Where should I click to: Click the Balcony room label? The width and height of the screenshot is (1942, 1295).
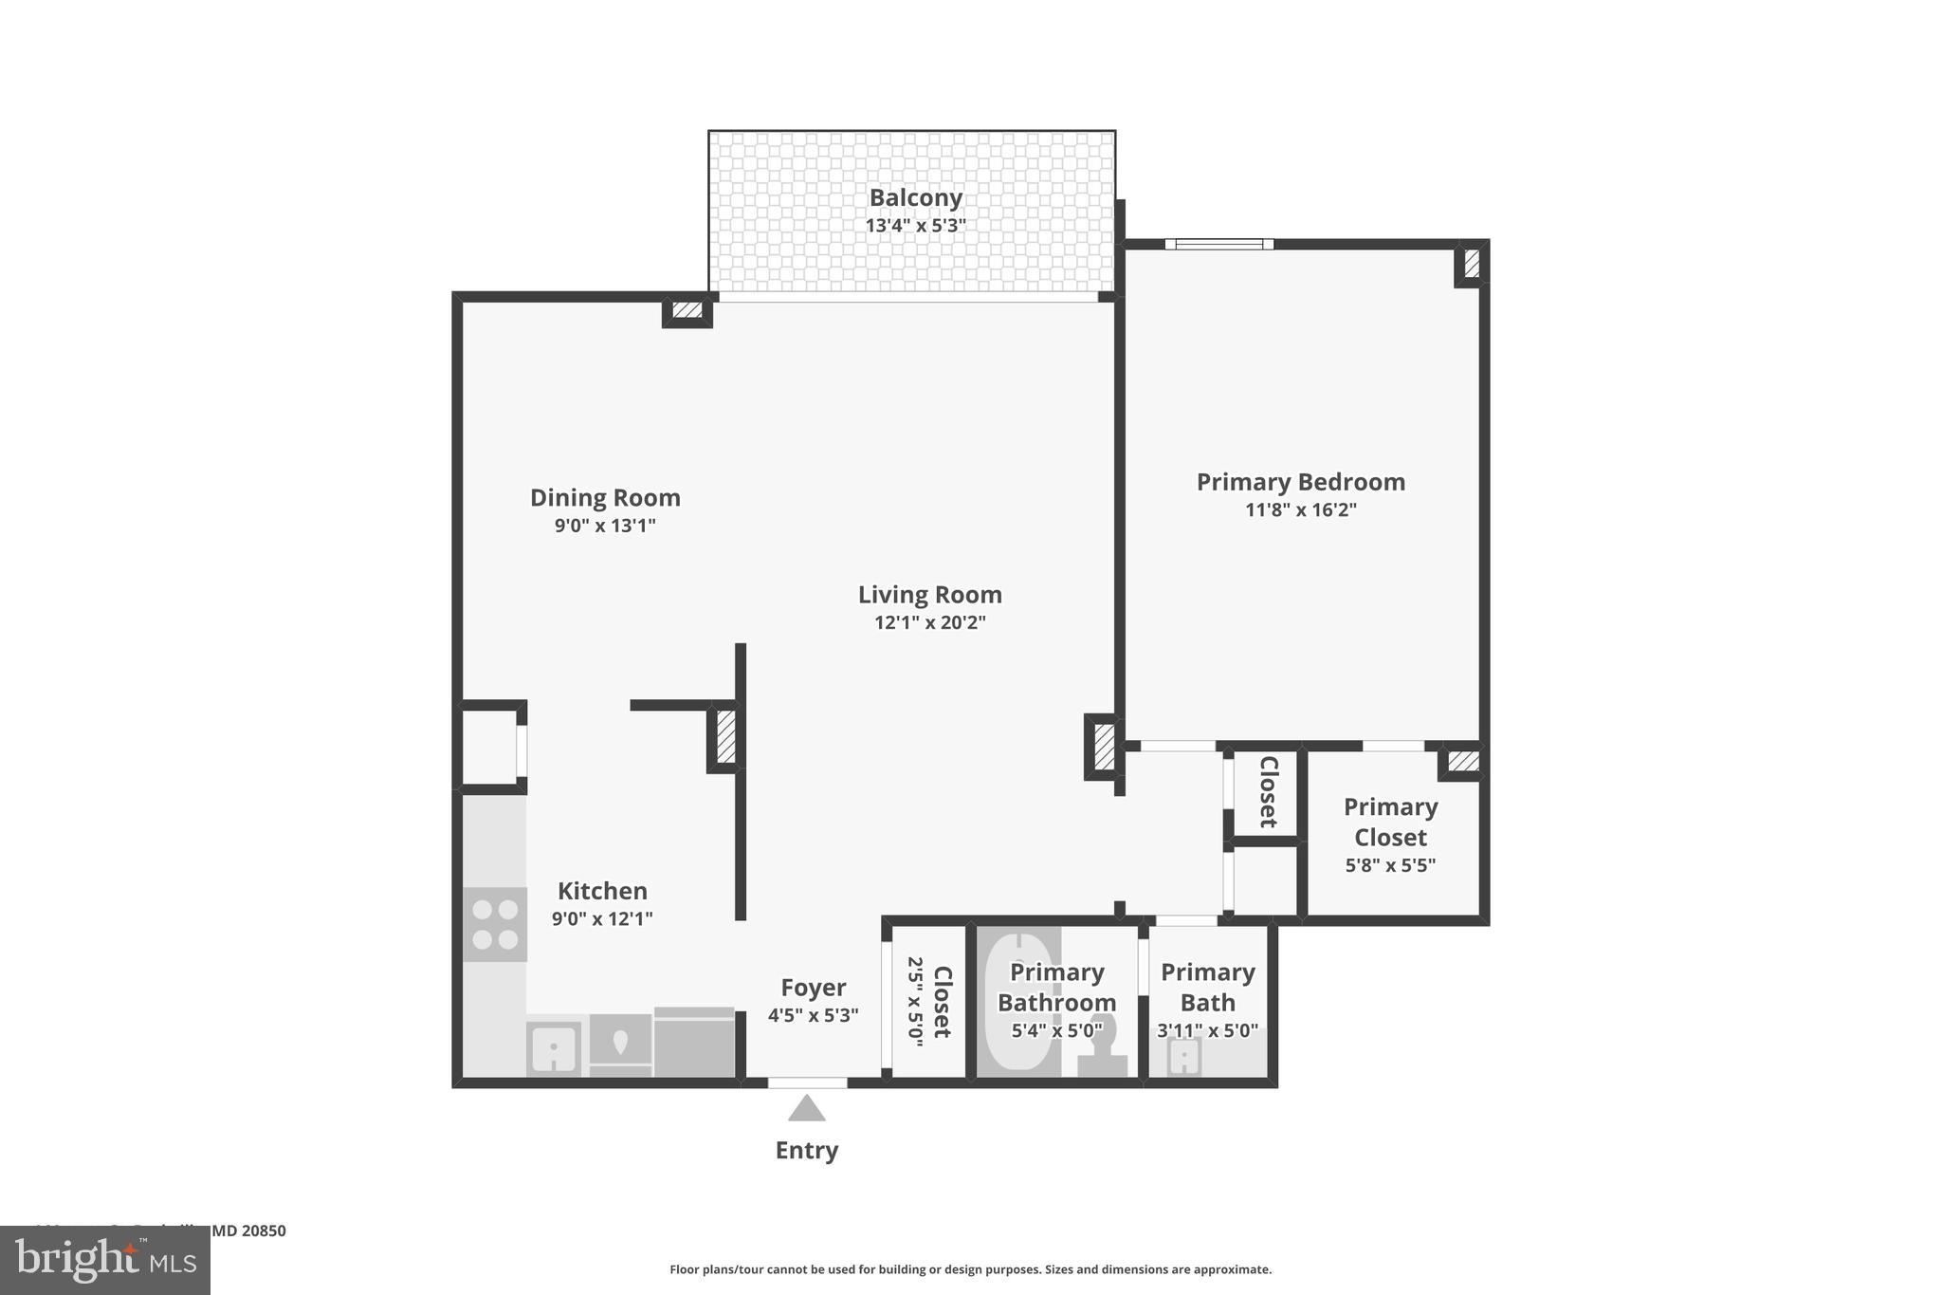coord(915,197)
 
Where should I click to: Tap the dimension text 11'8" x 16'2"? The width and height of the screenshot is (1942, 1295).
coord(1300,509)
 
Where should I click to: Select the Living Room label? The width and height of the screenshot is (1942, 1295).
coord(929,595)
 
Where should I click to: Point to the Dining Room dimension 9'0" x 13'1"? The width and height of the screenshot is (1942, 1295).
coord(605,525)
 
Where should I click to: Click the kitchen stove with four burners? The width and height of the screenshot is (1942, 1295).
coord(495,924)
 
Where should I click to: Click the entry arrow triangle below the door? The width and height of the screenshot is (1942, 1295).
coord(806,1108)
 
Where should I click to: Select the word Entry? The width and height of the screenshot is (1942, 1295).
coord(806,1150)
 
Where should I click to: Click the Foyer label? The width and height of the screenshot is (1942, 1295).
coord(813,988)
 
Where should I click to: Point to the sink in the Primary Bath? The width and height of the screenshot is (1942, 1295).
coord(1182,1056)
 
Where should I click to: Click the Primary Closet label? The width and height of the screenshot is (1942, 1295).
coord(1390,822)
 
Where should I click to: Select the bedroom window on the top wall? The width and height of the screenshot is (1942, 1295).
coord(1218,244)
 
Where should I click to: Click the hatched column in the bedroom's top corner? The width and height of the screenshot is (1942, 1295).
coord(1471,263)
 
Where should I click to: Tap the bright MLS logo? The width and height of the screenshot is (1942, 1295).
coord(105,1260)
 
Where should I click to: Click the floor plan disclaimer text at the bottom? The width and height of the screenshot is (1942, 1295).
coord(970,1269)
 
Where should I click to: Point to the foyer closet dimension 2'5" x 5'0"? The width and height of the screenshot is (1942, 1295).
coord(915,1001)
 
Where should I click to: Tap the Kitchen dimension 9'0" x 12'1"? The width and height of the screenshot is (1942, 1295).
coord(602,918)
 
